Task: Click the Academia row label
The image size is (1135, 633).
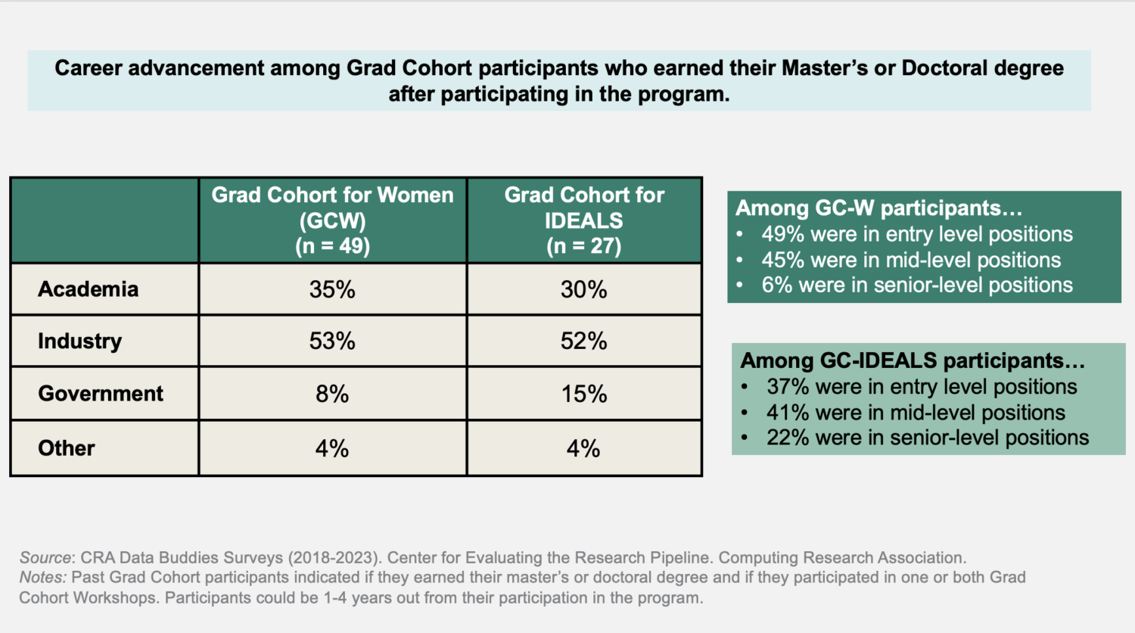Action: [88, 289]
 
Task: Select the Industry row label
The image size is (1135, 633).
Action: [79, 341]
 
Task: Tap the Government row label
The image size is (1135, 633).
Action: [101, 394]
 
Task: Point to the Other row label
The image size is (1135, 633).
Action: [67, 448]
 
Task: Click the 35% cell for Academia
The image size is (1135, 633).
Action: [332, 289]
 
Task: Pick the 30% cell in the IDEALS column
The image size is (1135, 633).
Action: [583, 289]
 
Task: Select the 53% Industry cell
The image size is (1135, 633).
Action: [332, 341]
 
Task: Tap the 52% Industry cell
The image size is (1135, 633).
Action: [583, 341]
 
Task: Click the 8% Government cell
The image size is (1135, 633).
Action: [332, 394]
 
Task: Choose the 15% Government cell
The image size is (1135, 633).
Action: [583, 394]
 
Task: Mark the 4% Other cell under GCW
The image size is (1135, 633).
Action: [332, 448]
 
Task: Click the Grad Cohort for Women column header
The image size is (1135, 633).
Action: [332, 220]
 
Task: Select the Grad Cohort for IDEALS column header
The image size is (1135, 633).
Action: [584, 220]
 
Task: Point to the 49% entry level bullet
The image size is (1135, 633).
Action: [916, 234]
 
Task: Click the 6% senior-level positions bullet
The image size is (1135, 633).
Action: [916, 285]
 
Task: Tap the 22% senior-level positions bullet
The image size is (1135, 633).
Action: [927, 438]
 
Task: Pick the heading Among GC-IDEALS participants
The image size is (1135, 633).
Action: [913, 360]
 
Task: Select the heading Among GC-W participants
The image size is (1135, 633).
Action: [878, 207]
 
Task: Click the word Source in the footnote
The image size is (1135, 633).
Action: [45, 558]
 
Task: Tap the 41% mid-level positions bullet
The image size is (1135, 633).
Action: [916, 413]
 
